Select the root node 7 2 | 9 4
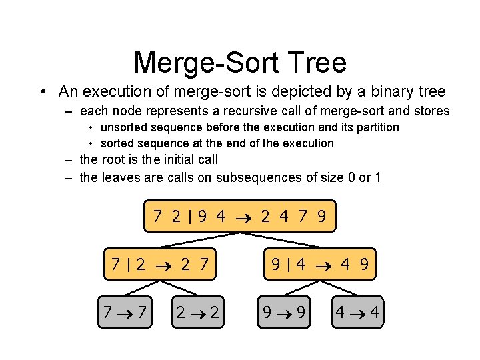tap(240, 217)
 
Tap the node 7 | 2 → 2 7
tap(160, 265)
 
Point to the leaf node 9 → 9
tap(283, 312)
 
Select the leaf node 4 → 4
tap(357, 312)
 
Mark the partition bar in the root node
tap(190, 217)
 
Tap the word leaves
tap(120, 177)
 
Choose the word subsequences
tap(267, 177)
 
